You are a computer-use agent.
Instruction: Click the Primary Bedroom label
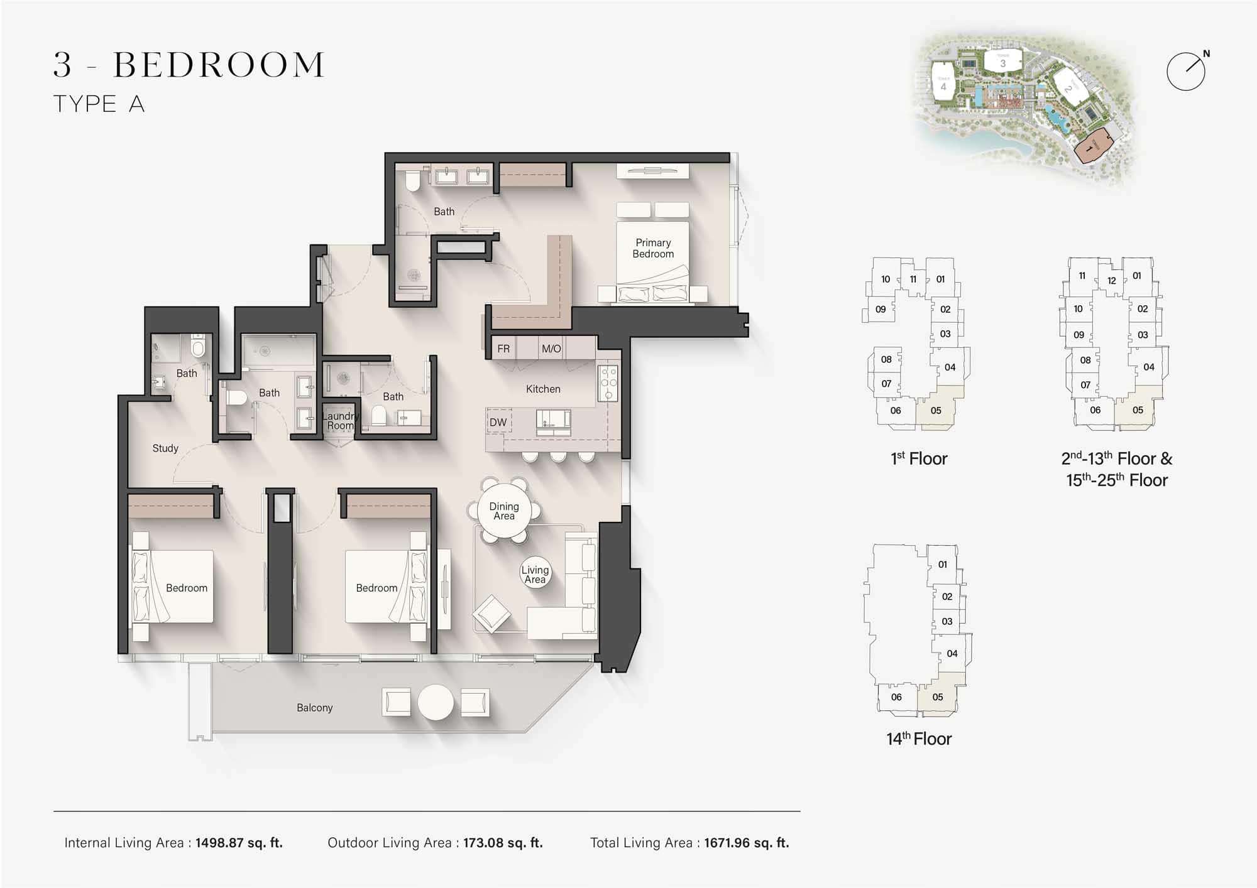[653, 248]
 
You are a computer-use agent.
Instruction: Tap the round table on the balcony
[436, 701]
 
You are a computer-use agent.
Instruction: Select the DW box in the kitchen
[498, 422]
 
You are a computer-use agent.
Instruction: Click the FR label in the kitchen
[503, 349]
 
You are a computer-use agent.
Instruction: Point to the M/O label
[551, 349]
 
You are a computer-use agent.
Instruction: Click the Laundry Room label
[340, 421]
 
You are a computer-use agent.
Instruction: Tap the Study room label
[165, 448]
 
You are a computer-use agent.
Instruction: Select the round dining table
[504, 511]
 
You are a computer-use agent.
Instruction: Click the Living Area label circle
[535, 574]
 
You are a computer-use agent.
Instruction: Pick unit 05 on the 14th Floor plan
[938, 696]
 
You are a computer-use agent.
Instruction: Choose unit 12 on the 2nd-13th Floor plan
[1111, 281]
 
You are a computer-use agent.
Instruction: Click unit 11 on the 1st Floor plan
[913, 279]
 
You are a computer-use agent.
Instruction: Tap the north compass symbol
[1186, 72]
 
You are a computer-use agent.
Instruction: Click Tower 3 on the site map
[1002, 62]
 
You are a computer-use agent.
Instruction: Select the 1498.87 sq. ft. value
[239, 843]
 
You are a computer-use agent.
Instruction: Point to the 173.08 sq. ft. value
[503, 843]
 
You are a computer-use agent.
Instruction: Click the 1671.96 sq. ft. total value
[746, 843]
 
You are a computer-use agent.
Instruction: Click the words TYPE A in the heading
[99, 104]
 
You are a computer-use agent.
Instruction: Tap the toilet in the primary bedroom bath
[413, 181]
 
